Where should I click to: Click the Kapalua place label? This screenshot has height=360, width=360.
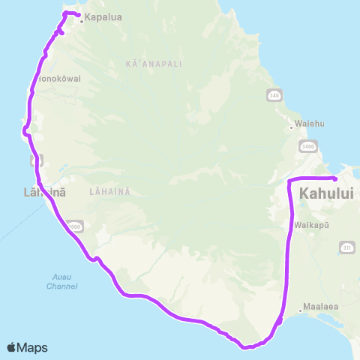click(104, 17)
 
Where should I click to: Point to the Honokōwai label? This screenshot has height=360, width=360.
click(58, 77)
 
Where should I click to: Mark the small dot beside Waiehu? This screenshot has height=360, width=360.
click(291, 127)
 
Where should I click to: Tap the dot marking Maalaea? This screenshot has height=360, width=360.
click(301, 307)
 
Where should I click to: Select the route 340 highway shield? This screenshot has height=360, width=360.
click(274, 95)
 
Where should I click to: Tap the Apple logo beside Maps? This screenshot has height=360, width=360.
click(12, 347)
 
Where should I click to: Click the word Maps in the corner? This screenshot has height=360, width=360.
click(33, 347)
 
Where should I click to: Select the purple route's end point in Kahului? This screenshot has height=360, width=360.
click(334, 178)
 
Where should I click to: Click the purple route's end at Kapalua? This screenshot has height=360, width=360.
click(78, 16)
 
